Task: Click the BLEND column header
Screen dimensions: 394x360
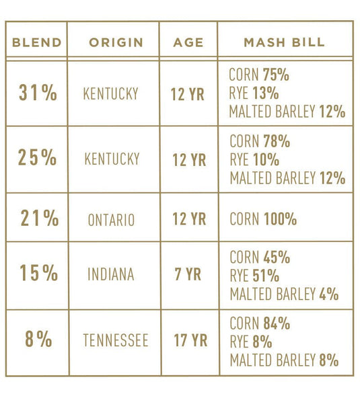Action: [36, 42]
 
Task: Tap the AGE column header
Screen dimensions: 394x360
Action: [188, 42]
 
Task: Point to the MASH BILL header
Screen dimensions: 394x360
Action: [284, 42]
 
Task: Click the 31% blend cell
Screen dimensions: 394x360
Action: [38, 93]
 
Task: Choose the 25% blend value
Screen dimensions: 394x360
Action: [38, 159]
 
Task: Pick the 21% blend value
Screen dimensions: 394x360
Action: [38, 219]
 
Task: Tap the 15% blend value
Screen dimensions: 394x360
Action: [38, 274]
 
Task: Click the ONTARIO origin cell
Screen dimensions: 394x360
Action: [111, 220]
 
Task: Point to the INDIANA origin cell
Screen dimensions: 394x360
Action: [110, 274]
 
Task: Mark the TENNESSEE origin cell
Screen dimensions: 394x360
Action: [115, 340]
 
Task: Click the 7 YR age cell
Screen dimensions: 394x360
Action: [188, 274]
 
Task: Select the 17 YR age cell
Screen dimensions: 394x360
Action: [188, 340]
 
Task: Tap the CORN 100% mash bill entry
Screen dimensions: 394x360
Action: [263, 219]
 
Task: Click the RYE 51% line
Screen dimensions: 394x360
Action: [254, 276]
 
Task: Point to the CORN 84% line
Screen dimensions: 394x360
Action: [260, 323]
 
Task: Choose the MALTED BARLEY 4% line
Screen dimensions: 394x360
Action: [284, 294]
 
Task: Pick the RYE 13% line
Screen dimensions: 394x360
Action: [254, 93]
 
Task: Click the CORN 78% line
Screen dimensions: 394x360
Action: [260, 142]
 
